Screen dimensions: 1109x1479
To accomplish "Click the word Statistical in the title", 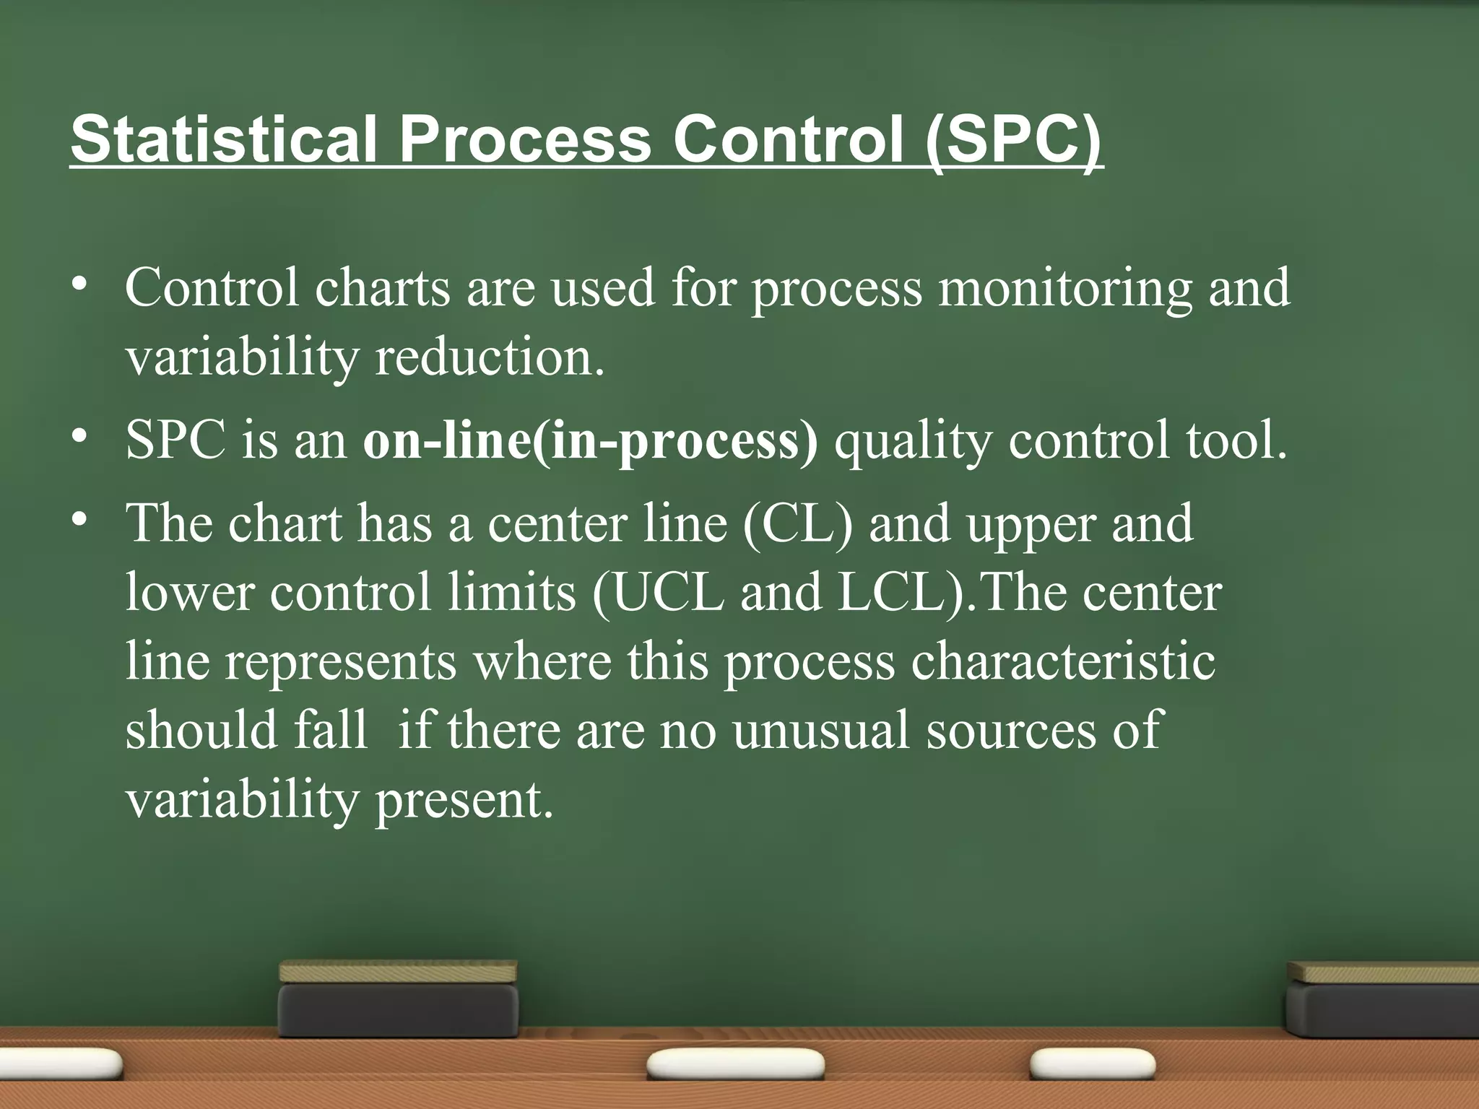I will coord(224,139).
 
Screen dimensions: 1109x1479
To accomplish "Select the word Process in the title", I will coord(525,139).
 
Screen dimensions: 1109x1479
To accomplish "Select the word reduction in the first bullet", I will coord(489,358).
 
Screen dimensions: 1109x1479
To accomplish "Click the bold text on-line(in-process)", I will coord(590,440).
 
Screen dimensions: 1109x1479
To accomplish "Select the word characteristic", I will coord(1062,661).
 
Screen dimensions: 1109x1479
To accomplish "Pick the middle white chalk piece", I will coord(735,1064).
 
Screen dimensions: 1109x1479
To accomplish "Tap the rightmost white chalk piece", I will coord(1091,1064).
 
